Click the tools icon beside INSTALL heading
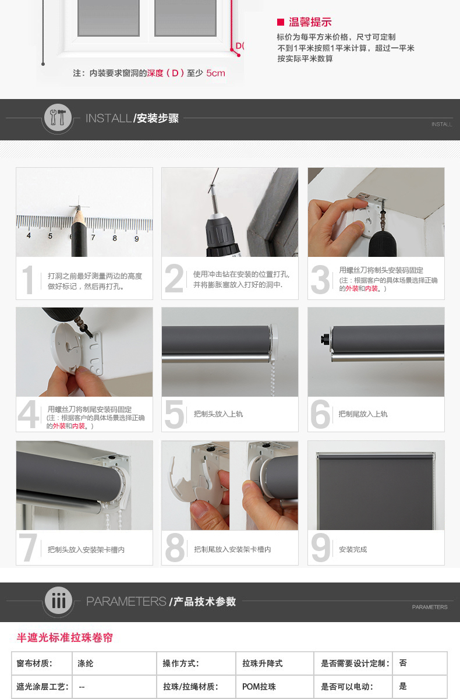tap(58, 118)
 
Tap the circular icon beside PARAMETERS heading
tap(58, 600)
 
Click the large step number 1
tap(28, 280)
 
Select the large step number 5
tap(174, 414)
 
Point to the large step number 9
tap(320, 548)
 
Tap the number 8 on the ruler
tap(115, 238)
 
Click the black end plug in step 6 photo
tap(325, 338)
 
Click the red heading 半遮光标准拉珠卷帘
tap(65, 637)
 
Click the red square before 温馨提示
tap(281, 22)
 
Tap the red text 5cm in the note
tap(215, 73)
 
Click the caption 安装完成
tap(353, 549)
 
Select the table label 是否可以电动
tap(347, 687)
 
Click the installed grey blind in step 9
tap(376, 491)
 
